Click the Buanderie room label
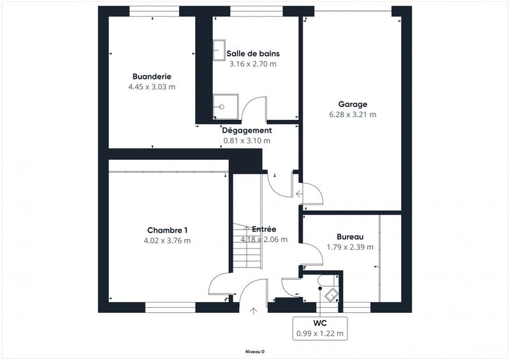tap(152, 76)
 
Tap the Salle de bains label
tap(253, 54)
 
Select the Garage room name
tap(353, 104)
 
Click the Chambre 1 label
tap(167, 230)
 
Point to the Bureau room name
tap(350, 236)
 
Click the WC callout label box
tap(319, 328)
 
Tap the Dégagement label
tap(247, 130)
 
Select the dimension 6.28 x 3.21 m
tap(353, 115)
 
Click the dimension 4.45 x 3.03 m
tap(152, 87)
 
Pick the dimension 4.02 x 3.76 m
tap(167, 241)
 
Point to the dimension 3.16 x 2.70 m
tap(253, 64)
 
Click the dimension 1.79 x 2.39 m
tap(350, 247)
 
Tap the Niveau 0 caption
tap(255, 352)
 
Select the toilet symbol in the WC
tap(331, 292)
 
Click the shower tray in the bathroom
tap(226, 107)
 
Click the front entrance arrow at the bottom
tap(254, 310)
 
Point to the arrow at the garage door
tap(299, 194)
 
